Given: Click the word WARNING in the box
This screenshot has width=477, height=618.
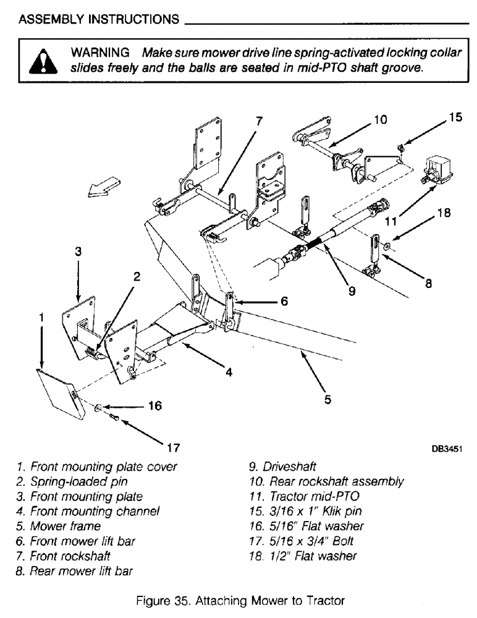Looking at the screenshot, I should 101,53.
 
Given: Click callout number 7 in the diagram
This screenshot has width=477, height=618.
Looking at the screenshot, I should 259,122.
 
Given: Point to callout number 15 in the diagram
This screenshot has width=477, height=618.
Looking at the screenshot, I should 455,116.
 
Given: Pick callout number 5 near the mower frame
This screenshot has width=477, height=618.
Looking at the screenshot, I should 327,399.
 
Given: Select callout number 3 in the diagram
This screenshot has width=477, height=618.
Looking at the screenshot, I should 78,252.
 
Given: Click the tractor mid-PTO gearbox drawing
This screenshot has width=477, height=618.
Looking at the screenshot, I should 437,168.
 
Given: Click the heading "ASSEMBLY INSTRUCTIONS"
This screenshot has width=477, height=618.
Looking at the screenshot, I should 99,19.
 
